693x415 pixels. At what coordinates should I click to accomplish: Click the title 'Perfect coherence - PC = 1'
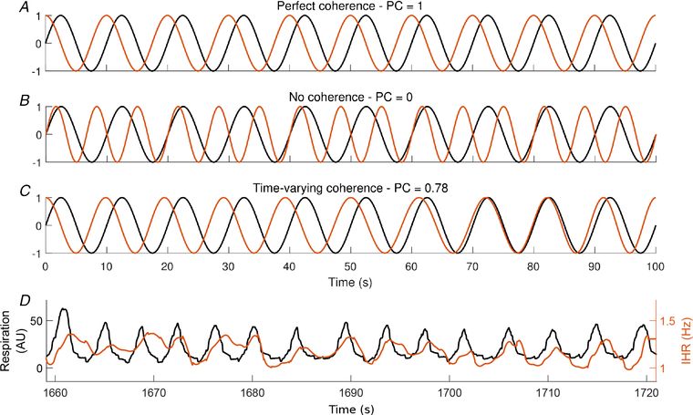click(x=346, y=7)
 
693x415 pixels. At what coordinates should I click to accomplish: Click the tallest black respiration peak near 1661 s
click(x=63, y=310)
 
